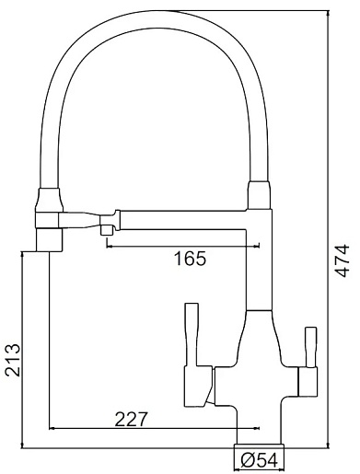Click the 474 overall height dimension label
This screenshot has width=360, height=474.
coord(341,260)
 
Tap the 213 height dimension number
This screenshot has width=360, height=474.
coord(13,360)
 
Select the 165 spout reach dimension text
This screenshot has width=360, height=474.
coord(191,259)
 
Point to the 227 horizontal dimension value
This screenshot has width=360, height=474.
coord(131,419)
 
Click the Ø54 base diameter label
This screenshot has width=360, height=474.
coord(260,460)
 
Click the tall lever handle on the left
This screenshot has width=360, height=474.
coord(192,334)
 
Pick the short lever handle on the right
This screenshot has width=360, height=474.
coord(310,347)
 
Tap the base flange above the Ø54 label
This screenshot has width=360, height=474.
coord(260,445)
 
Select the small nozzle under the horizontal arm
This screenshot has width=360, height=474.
coord(107,229)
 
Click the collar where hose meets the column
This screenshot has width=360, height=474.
coord(260,195)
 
